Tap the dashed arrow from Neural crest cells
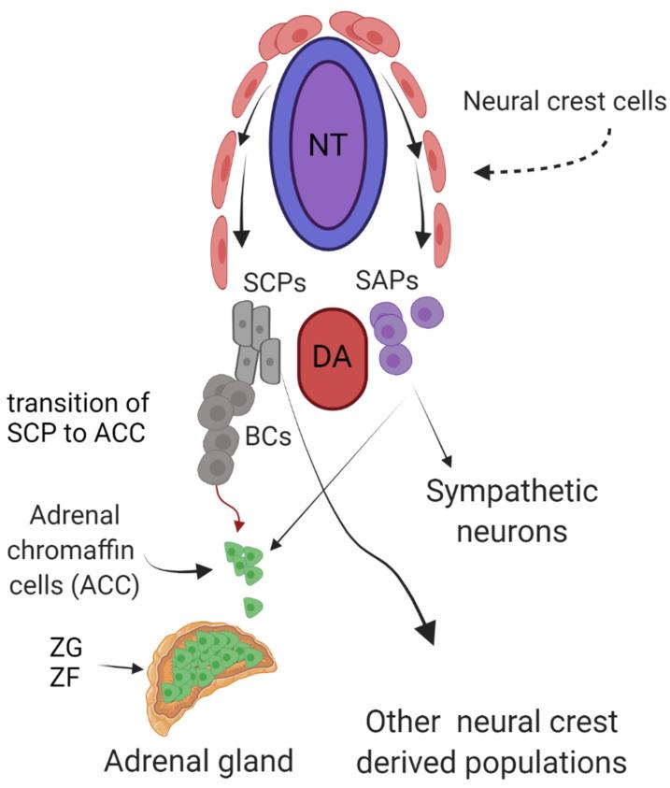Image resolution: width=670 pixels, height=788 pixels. pyautogui.click(x=551, y=159)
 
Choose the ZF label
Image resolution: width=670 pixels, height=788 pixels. pyautogui.click(x=70, y=674)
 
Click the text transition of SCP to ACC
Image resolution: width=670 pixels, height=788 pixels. pyautogui.click(x=92, y=422)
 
